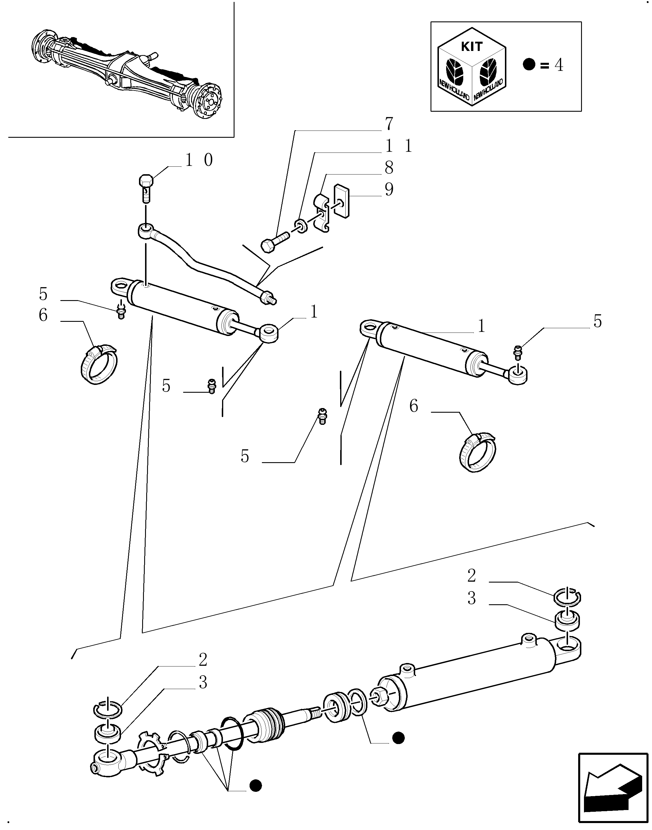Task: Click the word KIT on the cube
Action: pyautogui.click(x=472, y=47)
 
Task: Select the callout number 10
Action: pyautogui.click(x=199, y=160)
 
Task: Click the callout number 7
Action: pyautogui.click(x=389, y=124)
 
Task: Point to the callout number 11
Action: pyautogui.click(x=399, y=146)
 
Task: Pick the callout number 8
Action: pyautogui.click(x=389, y=168)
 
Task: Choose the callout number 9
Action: pyautogui.click(x=389, y=189)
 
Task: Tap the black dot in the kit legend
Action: pyautogui.click(x=529, y=65)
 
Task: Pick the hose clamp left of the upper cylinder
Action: pyautogui.click(x=98, y=364)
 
